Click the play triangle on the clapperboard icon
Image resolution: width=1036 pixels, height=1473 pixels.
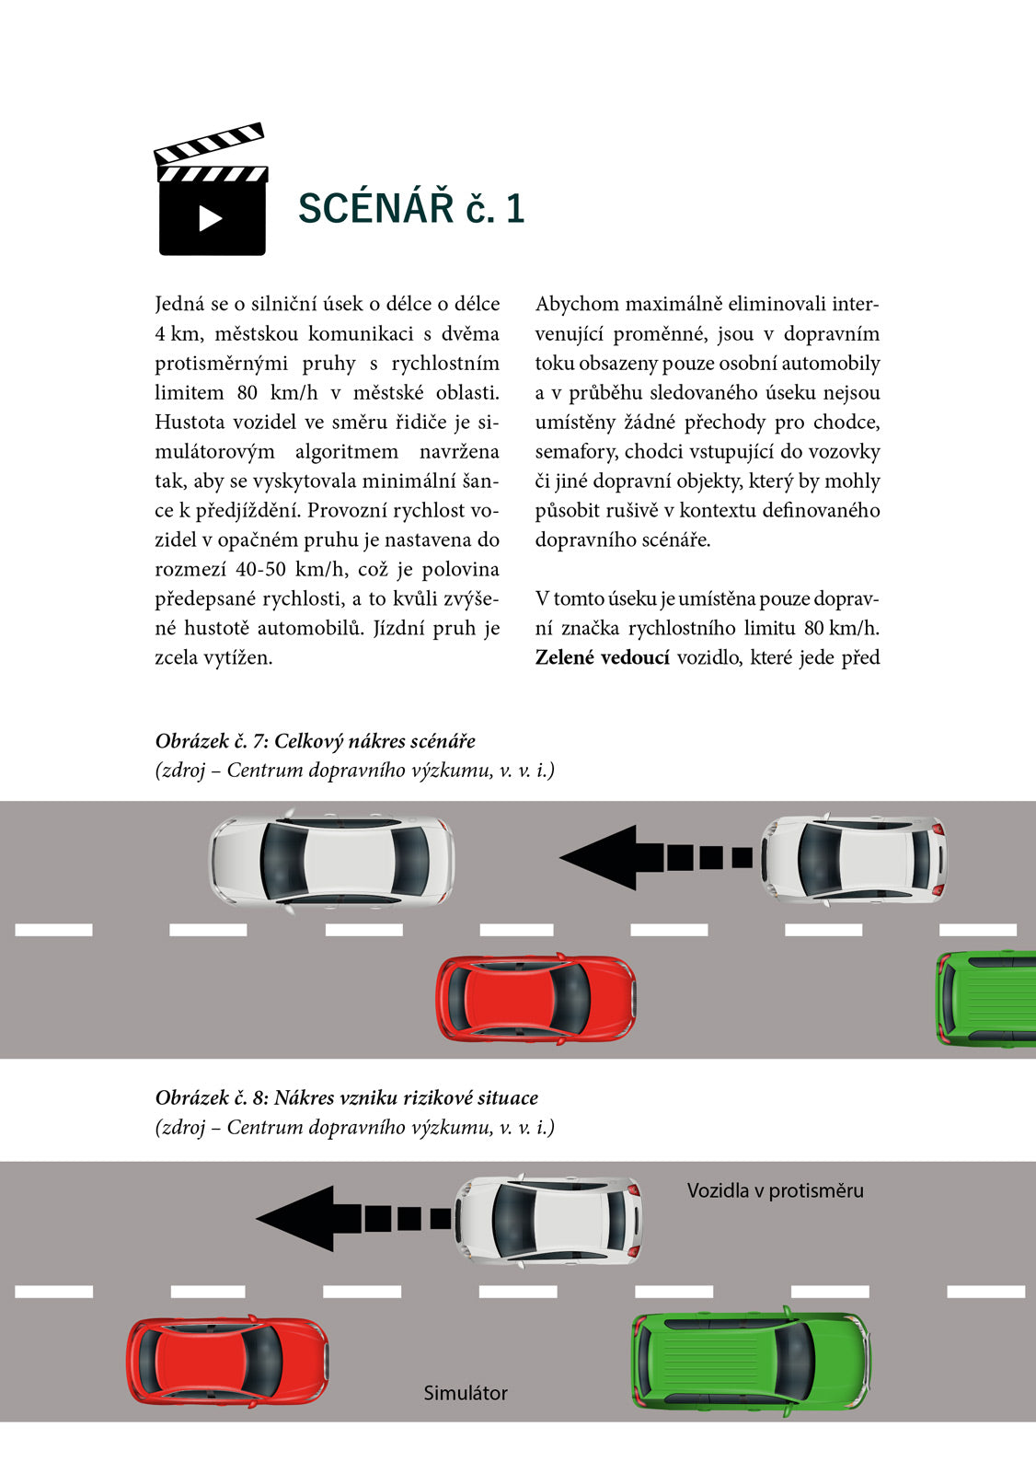[211, 218]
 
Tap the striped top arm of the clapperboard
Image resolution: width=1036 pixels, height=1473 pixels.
[210, 143]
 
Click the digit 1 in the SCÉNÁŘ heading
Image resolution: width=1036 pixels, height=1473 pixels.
[515, 208]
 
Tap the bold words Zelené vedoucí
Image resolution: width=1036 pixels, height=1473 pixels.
[602, 657]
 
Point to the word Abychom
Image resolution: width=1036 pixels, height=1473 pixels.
[576, 304]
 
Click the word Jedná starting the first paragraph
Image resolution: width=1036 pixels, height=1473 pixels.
[180, 304]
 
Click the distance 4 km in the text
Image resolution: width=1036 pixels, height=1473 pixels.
[177, 333]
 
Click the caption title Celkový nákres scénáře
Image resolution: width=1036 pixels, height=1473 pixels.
[374, 741]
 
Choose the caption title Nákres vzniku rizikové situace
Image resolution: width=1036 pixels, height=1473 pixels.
[406, 1097]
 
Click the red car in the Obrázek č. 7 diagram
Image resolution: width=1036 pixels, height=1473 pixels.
[535, 999]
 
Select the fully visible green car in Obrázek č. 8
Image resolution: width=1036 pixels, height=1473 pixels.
[751, 1361]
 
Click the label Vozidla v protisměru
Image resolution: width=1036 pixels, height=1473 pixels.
[775, 1190]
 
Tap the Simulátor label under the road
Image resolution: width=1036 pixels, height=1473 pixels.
[466, 1393]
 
